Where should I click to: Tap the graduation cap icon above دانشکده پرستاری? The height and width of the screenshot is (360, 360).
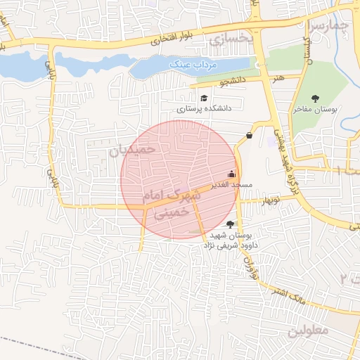(204, 98)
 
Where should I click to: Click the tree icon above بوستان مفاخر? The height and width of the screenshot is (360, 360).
(324, 98)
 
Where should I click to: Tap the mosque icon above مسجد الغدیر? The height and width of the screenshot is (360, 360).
(232, 174)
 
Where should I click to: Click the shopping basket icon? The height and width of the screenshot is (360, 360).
(250, 136)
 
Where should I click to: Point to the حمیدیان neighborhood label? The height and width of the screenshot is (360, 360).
(131, 149)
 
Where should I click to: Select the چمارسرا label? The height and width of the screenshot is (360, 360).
(330, 26)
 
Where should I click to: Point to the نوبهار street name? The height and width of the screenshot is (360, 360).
(271, 200)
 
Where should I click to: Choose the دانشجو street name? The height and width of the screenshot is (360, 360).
(233, 82)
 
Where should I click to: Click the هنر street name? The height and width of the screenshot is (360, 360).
(281, 77)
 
